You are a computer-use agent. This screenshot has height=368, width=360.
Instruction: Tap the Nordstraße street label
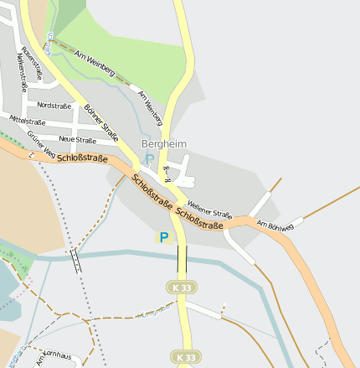pos(54,106)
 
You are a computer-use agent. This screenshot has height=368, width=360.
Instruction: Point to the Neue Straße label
pos(77,140)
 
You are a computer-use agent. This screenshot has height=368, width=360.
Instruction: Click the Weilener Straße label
pos(209,209)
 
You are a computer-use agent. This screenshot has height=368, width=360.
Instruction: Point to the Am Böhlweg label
pos(275,225)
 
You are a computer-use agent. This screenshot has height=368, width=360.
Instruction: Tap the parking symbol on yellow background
pos(164,238)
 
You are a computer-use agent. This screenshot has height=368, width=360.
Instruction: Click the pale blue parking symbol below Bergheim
pos(149,158)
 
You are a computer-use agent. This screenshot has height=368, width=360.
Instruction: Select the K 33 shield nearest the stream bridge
pos(183,288)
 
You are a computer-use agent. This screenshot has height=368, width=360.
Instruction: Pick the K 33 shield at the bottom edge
pos(185,357)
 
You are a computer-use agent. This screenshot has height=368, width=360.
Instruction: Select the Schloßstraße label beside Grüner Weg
pos(81,158)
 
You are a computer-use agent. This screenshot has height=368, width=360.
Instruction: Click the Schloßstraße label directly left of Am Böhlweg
pos(201,224)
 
